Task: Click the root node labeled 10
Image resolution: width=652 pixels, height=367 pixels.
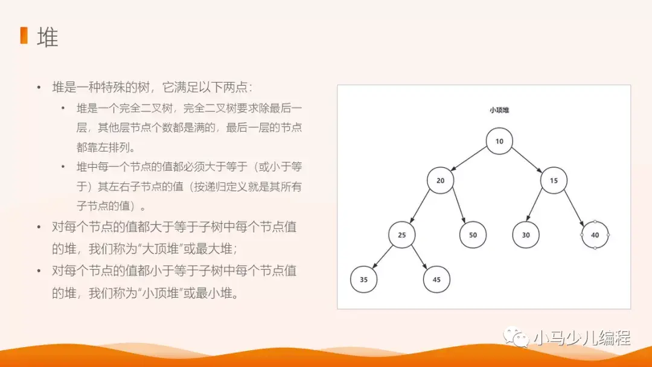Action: point(499,142)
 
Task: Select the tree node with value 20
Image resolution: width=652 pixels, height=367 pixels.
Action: point(440,180)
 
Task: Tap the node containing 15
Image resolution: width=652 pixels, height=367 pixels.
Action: point(554,180)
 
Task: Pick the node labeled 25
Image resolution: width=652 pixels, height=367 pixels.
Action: point(402,235)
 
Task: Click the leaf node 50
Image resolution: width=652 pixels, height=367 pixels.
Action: point(473,235)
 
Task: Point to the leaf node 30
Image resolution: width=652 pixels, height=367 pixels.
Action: point(526,235)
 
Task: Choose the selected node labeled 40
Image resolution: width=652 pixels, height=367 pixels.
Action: point(595,235)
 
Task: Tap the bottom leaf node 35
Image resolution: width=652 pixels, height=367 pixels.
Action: point(363,279)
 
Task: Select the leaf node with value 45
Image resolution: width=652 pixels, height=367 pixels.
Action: point(436,279)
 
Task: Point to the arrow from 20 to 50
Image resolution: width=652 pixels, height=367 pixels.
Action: point(456,208)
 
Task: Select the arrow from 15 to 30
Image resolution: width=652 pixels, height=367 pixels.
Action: point(540,208)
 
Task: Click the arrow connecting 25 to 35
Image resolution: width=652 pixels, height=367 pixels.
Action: point(383,257)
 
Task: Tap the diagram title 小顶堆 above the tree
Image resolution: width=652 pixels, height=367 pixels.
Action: point(499,110)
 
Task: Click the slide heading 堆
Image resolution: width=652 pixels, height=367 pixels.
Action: point(48,37)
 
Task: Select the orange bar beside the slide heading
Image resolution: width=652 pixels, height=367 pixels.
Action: point(24,36)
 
